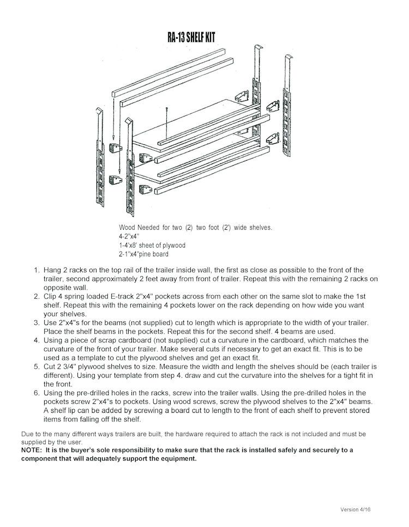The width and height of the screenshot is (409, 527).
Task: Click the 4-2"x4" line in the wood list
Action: (129, 237)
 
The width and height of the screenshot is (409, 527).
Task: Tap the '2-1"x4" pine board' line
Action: (143, 254)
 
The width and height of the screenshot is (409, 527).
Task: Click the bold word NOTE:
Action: (33, 450)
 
